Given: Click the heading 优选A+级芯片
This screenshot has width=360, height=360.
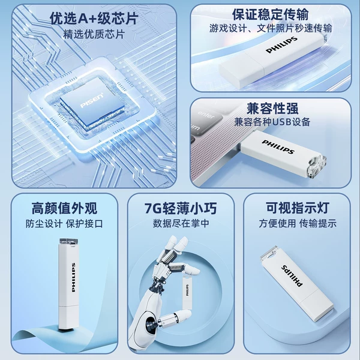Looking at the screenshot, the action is pyautogui.click(x=94, y=19).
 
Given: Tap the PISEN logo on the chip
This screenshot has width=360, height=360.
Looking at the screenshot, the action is pyautogui.click(x=92, y=100).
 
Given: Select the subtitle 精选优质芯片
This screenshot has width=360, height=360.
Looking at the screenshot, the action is pyautogui.click(x=94, y=34).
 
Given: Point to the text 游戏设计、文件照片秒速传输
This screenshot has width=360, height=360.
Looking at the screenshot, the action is pyautogui.click(x=271, y=28).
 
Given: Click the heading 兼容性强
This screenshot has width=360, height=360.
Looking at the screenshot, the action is pyautogui.click(x=272, y=109).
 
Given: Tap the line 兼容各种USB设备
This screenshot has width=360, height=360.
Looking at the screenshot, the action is pyautogui.click(x=272, y=122).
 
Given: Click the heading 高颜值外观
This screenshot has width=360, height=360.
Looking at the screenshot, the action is pyautogui.click(x=65, y=208).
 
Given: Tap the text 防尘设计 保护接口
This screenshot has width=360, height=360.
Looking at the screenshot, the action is pyautogui.click(x=64, y=224).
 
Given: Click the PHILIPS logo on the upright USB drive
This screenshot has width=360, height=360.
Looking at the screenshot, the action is pyautogui.click(x=73, y=277).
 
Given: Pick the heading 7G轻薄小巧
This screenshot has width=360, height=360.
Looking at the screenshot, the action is pyautogui.click(x=181, y=208).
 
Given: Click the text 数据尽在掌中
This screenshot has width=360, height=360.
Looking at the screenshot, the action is pyautogui.click(x=181, y=223).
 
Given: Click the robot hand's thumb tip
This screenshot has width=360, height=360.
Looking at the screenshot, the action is pyautogui.click(x=187, y=314).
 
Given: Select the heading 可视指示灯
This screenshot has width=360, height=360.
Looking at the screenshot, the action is pyautogui.click(x=298, y=208).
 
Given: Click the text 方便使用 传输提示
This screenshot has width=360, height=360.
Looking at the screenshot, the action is pyautogui.click(x=298, y=223).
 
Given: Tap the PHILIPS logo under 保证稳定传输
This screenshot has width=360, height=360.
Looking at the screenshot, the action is pyautogui.click(x=281, y=45).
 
